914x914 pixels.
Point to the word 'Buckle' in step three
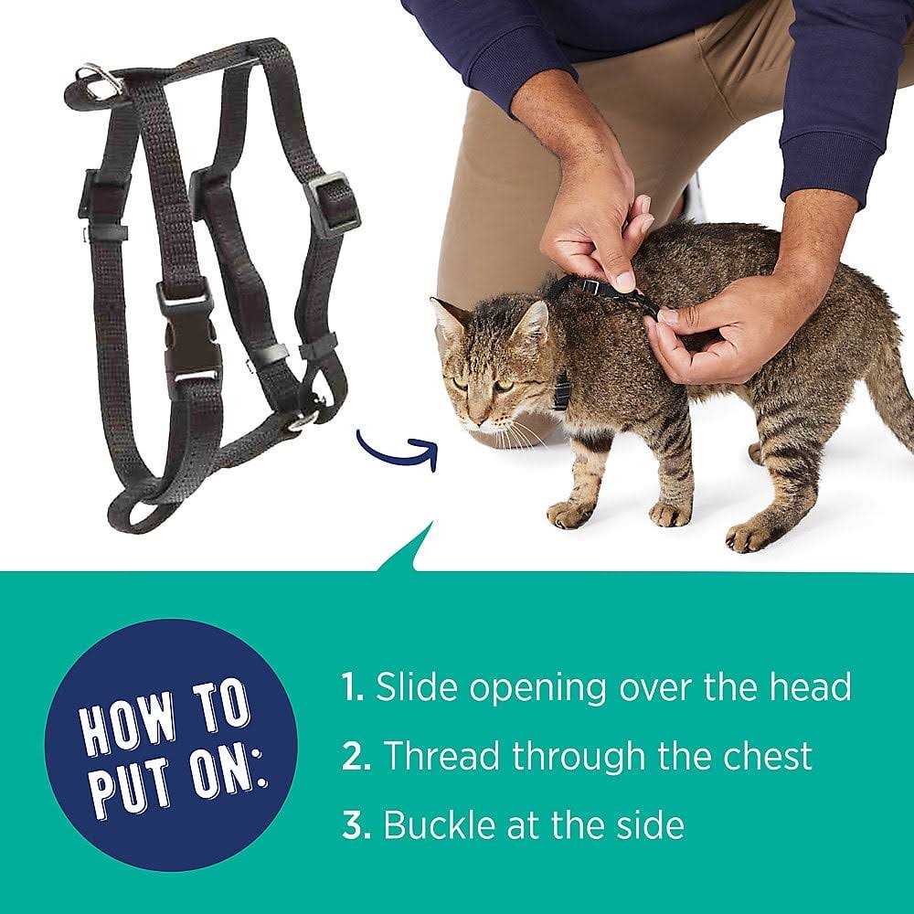coord(434,825)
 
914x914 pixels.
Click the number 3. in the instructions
coord(355,826)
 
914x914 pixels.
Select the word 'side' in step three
coord(651,825)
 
